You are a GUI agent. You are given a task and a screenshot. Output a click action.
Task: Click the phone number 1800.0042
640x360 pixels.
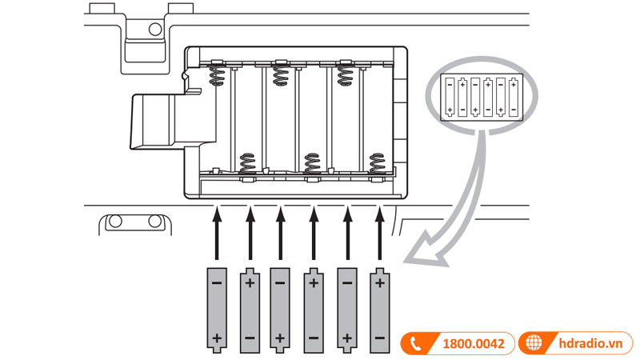point(473,344)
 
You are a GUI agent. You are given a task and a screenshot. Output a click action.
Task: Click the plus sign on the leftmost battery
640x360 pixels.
point(217,337)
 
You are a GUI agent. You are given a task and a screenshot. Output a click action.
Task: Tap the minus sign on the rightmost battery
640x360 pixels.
point(379,338)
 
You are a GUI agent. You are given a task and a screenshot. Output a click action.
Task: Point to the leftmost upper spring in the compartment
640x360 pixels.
point(217,76)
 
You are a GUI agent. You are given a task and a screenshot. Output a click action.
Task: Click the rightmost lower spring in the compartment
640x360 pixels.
point(378,162)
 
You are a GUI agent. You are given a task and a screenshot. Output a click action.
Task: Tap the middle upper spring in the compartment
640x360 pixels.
point(281,76)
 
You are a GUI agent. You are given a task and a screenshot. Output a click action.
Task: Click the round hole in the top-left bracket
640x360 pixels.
point(154,30)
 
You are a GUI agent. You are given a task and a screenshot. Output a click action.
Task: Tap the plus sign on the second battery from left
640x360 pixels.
point(250,283)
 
